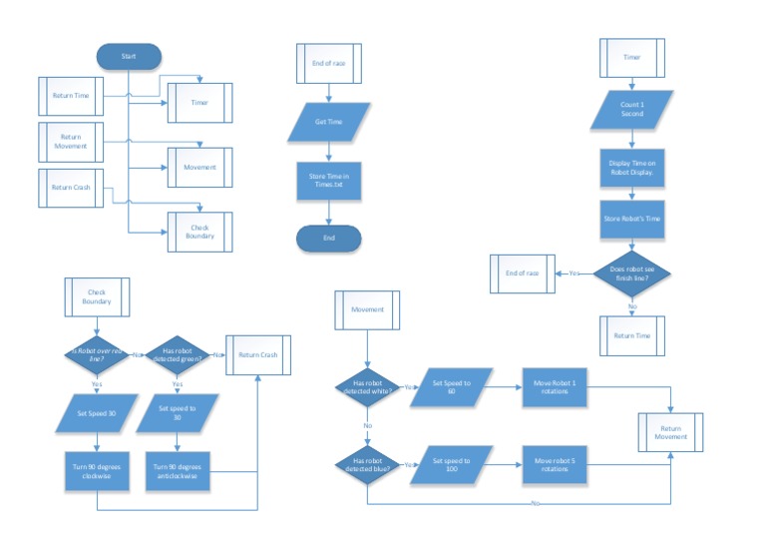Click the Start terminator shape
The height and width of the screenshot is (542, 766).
[x=129, y=57]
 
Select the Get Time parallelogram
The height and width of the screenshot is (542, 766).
[x=328, y=121]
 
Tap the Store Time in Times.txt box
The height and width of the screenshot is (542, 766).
[x=328, y=180]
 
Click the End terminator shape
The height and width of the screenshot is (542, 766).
[x=328, y=238]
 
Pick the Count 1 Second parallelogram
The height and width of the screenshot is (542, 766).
[x=631, y=109]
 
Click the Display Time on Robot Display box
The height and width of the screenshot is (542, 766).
[x=631, y=167]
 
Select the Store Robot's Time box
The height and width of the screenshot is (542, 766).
[x=631, y=218]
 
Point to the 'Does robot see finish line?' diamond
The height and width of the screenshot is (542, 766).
[x=631, y=272]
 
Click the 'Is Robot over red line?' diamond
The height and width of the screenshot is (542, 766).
[x=97, y=354]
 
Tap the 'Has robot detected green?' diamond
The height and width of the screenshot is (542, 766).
[x=177, y=354]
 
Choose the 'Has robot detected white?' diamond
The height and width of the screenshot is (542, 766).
[x=367, y=387]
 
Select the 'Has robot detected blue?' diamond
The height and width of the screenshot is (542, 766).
[x=367, y=464]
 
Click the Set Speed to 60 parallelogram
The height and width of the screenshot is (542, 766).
[x=459, y=387]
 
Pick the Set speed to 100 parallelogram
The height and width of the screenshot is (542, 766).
[x=459, y=464]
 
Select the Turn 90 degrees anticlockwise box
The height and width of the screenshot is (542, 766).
[x=177, y=471]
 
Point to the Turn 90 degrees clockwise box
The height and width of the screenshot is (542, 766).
[x=97, y=471]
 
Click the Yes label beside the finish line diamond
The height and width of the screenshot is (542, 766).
[x=574, y=272]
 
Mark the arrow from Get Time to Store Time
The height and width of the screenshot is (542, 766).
[x=328, y=150]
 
